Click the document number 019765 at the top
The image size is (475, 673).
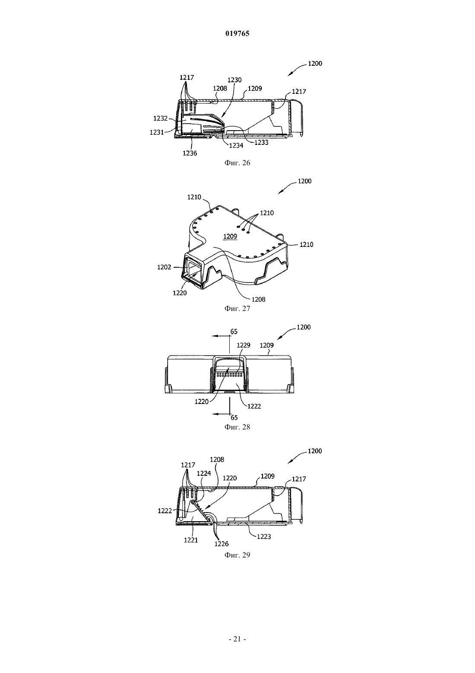tap(237, 33)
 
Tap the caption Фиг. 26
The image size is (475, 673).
tap(237, 163)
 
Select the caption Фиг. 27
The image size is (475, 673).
tap(237, 308)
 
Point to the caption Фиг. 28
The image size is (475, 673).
tap(237, 427)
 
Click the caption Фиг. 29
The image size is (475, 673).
tap(237, 555)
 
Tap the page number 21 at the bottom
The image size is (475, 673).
tap(237, 639)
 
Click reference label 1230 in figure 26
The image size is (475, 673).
tap(234, 80)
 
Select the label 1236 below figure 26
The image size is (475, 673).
tap(190, 153)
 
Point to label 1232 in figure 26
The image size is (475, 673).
tap(161, 119)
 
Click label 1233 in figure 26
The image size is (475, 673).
tap(261, 142)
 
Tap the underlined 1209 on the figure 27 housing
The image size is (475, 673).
tap(230, 237)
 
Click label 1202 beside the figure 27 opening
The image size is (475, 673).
tap(165, 267)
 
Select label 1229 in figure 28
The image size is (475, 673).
tap(243, 345)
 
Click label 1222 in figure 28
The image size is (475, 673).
tap(254, 406)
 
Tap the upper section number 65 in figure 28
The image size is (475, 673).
tap(234, 331)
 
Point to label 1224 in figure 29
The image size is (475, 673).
tap(204, 473)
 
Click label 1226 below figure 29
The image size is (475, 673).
tap(222, 544)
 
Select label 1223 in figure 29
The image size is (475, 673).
tap(264, 537)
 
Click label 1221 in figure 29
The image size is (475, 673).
tap(191, 540)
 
